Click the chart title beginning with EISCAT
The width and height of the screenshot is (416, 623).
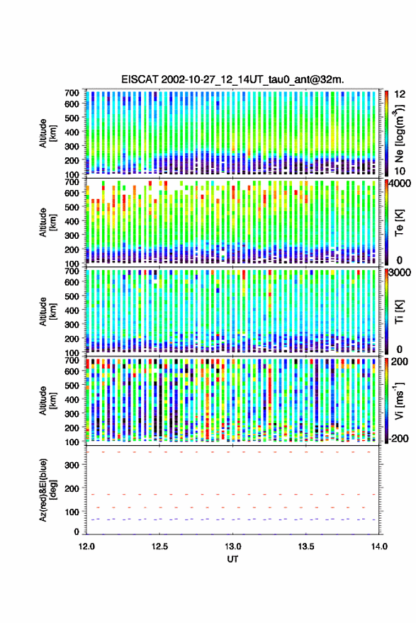coord(233,79)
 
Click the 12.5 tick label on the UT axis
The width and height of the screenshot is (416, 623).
coord(159,546)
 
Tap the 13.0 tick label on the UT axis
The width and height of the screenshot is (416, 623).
coord(233,546)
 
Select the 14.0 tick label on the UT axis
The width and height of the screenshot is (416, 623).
coord(379,546)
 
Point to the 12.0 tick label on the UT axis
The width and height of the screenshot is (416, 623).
coord(86,546)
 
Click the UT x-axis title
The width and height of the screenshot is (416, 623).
coord(233,559)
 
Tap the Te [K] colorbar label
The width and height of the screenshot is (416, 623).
coord(399,223)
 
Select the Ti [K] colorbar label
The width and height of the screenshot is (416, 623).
coord(399,312)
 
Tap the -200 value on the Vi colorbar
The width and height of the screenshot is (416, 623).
coord(398,438)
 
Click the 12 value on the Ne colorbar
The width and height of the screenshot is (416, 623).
coord(400,94)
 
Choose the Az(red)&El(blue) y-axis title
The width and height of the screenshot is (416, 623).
coord(47,490)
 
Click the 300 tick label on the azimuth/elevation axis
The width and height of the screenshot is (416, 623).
coord(72,465)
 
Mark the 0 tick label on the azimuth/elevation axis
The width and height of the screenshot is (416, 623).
coord(77,532)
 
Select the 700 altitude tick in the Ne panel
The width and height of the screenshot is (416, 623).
coord(72,93)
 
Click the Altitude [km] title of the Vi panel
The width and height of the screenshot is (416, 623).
coord(47,400)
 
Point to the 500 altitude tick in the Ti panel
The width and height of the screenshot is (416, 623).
coord(72,296)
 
